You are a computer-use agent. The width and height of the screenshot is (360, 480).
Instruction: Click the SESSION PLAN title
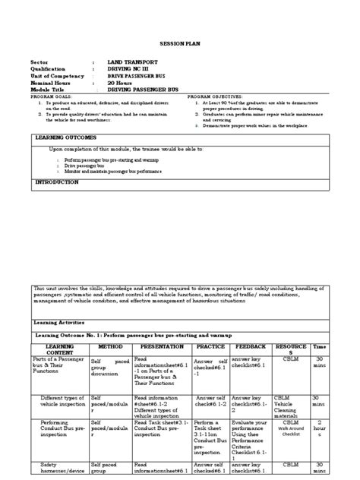tap(179, 46)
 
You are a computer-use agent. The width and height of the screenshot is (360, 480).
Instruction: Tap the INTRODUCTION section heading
tap(57, 183)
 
